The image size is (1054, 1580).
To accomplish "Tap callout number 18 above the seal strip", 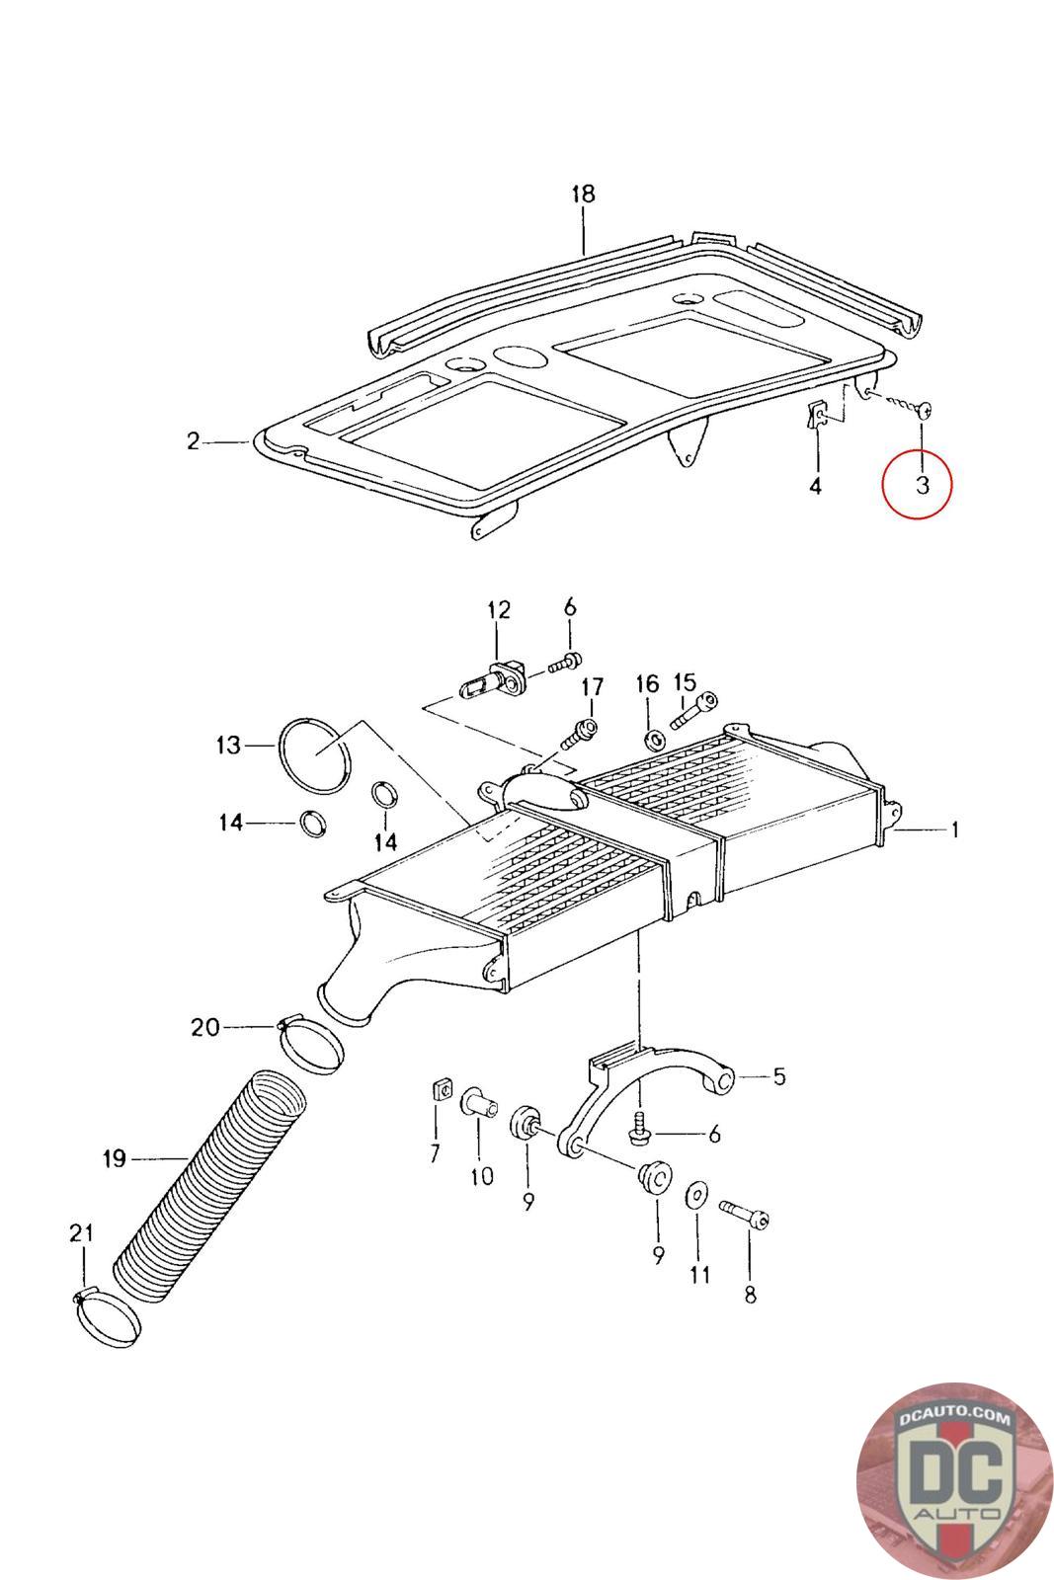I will tap(584, 194).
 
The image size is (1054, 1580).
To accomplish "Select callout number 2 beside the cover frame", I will tap(194, 441).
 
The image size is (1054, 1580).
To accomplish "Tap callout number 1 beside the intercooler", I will tap(954, 831).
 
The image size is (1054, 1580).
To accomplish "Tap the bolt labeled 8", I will tap(744, 1211).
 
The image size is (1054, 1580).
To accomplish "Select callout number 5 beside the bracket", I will tap(779, 1076).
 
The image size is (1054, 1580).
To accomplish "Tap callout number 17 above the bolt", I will tap(592, 686).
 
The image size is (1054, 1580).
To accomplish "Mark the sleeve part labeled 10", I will tap(478, 1102).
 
